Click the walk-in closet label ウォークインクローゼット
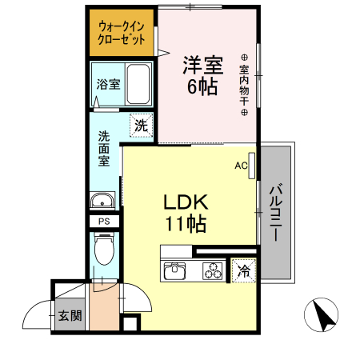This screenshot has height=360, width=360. pos(122,31)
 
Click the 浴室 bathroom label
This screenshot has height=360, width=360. pos(108,83)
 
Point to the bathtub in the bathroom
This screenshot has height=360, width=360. pos(140,82)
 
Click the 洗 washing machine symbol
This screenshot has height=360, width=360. pos(141,126)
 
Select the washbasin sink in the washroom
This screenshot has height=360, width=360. pos(103,201)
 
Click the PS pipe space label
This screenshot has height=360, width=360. pos(104,222)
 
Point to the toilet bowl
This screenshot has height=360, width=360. pos(104,250)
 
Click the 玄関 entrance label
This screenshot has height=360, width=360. pos(69,315)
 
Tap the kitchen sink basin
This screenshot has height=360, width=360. pos(175,273)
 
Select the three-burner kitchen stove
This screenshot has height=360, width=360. pos(214,273)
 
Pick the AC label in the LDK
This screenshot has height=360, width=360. pos(240,166)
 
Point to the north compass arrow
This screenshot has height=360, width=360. pos(323,314)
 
